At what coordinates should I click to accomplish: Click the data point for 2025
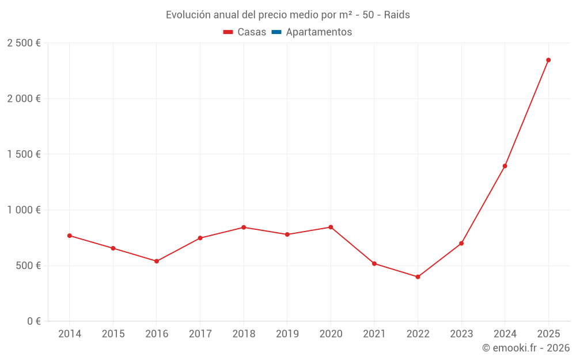[x=548, y=60]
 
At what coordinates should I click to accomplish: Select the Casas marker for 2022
[x=418, y=277]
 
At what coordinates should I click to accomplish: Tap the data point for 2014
[x=69, y=236]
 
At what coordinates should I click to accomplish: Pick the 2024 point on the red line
[x=505, y=166]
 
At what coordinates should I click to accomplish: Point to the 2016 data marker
[x=156, y=261]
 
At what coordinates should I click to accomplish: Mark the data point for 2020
[x=331, y=227]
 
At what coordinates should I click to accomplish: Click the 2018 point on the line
[x=244, y=228]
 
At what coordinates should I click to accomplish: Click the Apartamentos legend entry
[x=319, y=32]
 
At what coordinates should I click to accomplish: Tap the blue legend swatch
[x=276, y=32]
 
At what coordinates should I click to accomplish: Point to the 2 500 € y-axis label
[x=24, y=43]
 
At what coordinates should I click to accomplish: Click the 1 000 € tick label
[x=24, y=210]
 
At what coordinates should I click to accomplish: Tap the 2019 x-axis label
[x=287, y=334]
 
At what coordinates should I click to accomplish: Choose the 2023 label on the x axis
[x=461, y=334]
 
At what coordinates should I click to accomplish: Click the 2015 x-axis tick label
[x=113, y=334]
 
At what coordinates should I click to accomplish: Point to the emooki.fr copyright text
[x=526, y=348]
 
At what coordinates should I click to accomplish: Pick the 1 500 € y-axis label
[x=24, y=154]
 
